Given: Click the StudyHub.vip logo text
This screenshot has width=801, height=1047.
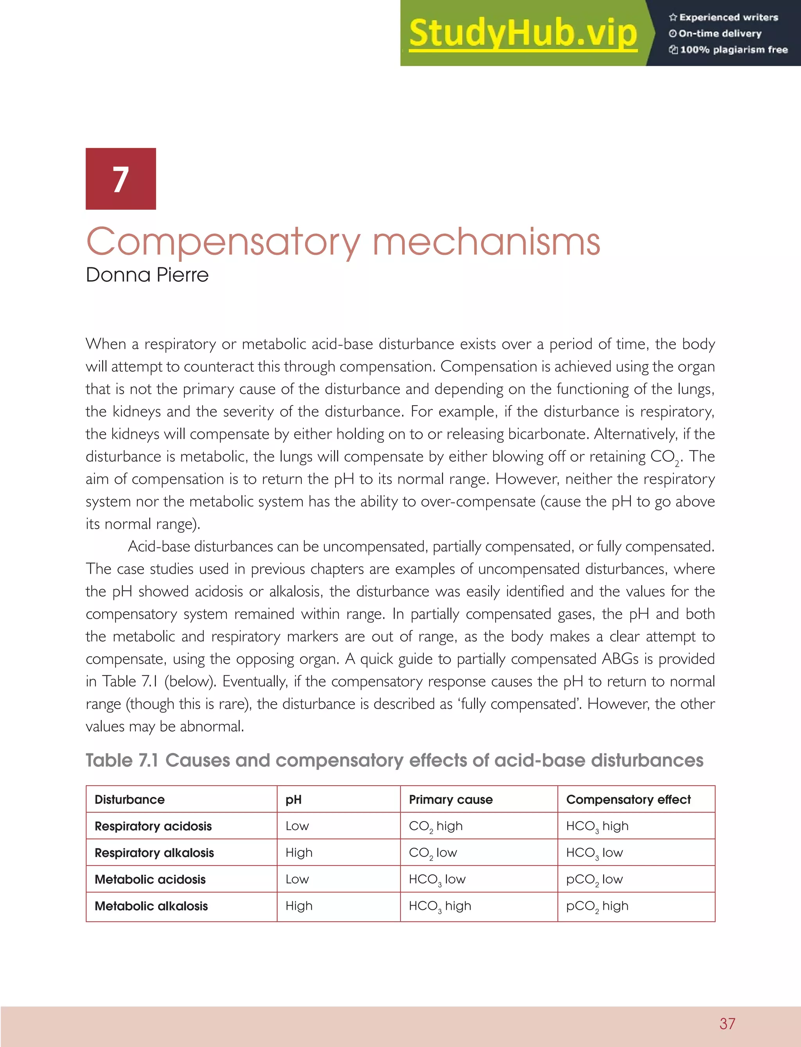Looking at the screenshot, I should click(523, 33).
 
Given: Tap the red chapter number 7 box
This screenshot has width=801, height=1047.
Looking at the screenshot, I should click(120, 179).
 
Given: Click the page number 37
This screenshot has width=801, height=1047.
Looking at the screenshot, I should click(727, 1023).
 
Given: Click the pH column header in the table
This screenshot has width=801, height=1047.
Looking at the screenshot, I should click(293, 799).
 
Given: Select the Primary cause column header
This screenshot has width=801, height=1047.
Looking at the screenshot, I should click(451, 799).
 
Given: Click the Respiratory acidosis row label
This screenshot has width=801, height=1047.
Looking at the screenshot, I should click(153, 826).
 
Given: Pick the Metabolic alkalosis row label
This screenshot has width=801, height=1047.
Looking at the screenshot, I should click(151, 906).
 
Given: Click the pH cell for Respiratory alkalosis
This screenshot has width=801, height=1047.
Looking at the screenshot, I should click(299, 853).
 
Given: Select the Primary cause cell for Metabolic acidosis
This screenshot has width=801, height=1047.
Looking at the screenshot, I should click(437, 879).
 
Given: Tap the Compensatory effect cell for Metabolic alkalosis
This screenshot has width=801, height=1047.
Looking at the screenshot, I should click(597, 906).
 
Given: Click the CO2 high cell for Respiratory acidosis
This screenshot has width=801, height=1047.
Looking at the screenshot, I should click(435, 826).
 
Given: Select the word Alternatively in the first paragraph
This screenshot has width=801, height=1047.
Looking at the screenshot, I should click(635, 434).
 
